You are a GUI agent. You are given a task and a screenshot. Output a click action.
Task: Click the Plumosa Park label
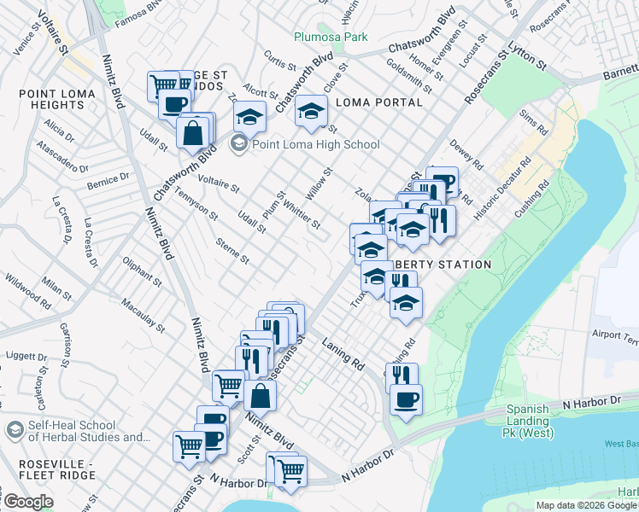tap(331, 37)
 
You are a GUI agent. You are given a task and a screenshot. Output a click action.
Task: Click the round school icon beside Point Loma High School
tap(238, 144)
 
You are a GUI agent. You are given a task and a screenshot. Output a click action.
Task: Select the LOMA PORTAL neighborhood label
tap(380, 102)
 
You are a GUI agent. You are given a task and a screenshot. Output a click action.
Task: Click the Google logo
tap(28, 502)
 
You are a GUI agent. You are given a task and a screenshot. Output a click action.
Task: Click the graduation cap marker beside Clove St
tap(312, 111)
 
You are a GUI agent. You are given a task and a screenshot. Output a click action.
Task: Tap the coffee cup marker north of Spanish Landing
tap(406, 399)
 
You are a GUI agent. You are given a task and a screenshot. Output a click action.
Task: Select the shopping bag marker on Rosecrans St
tap(260, 395)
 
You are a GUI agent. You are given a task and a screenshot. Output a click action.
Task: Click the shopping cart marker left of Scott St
tap(190, 445)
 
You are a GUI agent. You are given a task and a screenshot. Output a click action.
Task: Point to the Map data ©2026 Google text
tap(587, 505)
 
